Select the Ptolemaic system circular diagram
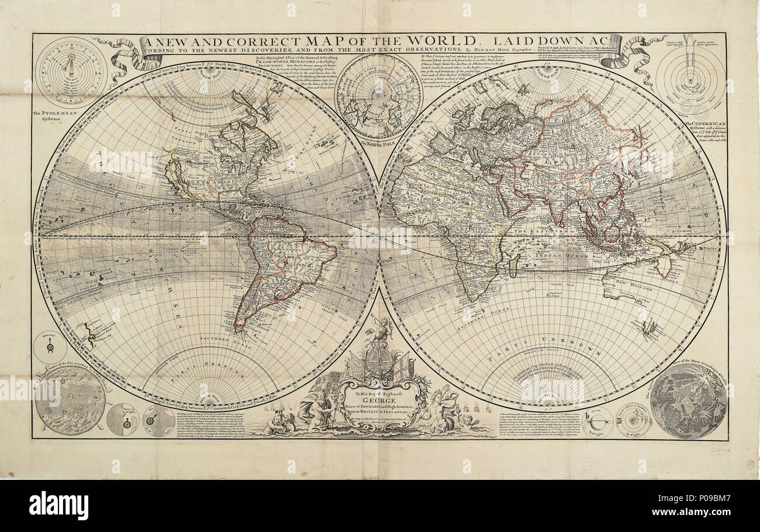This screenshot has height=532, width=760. [x=71, y=72]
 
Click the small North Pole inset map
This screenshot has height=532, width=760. [x=378, y=97]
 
